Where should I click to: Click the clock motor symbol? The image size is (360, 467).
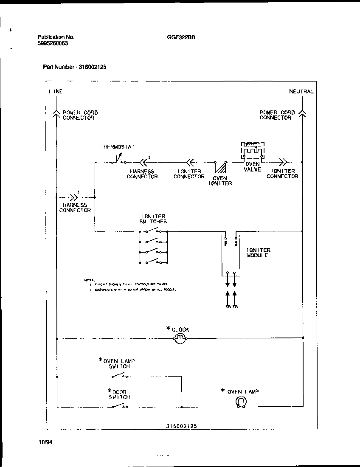click(180, 338)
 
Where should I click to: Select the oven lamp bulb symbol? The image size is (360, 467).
click(241, 402)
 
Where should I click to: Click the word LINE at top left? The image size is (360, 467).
click(56, 91)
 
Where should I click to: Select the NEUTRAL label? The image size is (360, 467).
click(301, 91)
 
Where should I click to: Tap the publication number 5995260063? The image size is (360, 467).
click(53, 43)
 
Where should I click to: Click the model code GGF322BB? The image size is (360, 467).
click(181, 37)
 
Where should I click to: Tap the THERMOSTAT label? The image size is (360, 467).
click(117, 147)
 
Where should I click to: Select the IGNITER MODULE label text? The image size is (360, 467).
click(258, 253)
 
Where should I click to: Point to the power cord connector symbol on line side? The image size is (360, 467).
click(56, 113)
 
